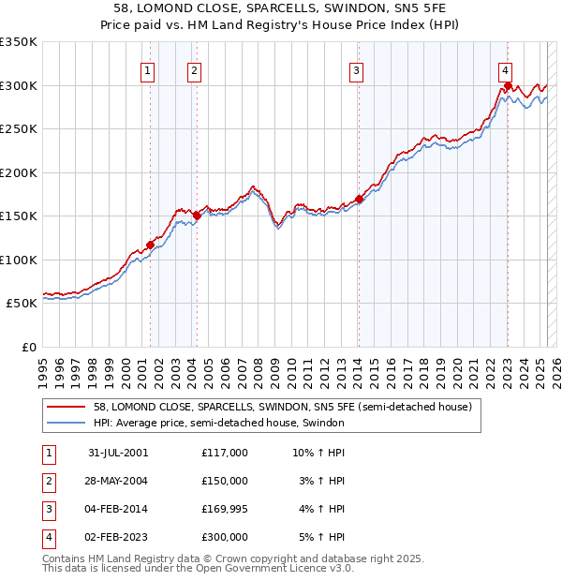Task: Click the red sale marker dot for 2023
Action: pos(508,86)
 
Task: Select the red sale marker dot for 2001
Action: pos(150,245)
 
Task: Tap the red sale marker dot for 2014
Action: pos(359,199)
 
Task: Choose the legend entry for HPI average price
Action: pos(219,424)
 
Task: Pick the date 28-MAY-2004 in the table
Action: pos(118,481)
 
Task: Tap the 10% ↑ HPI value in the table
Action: pos(318,453)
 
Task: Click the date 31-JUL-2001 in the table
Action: pos(118,453)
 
